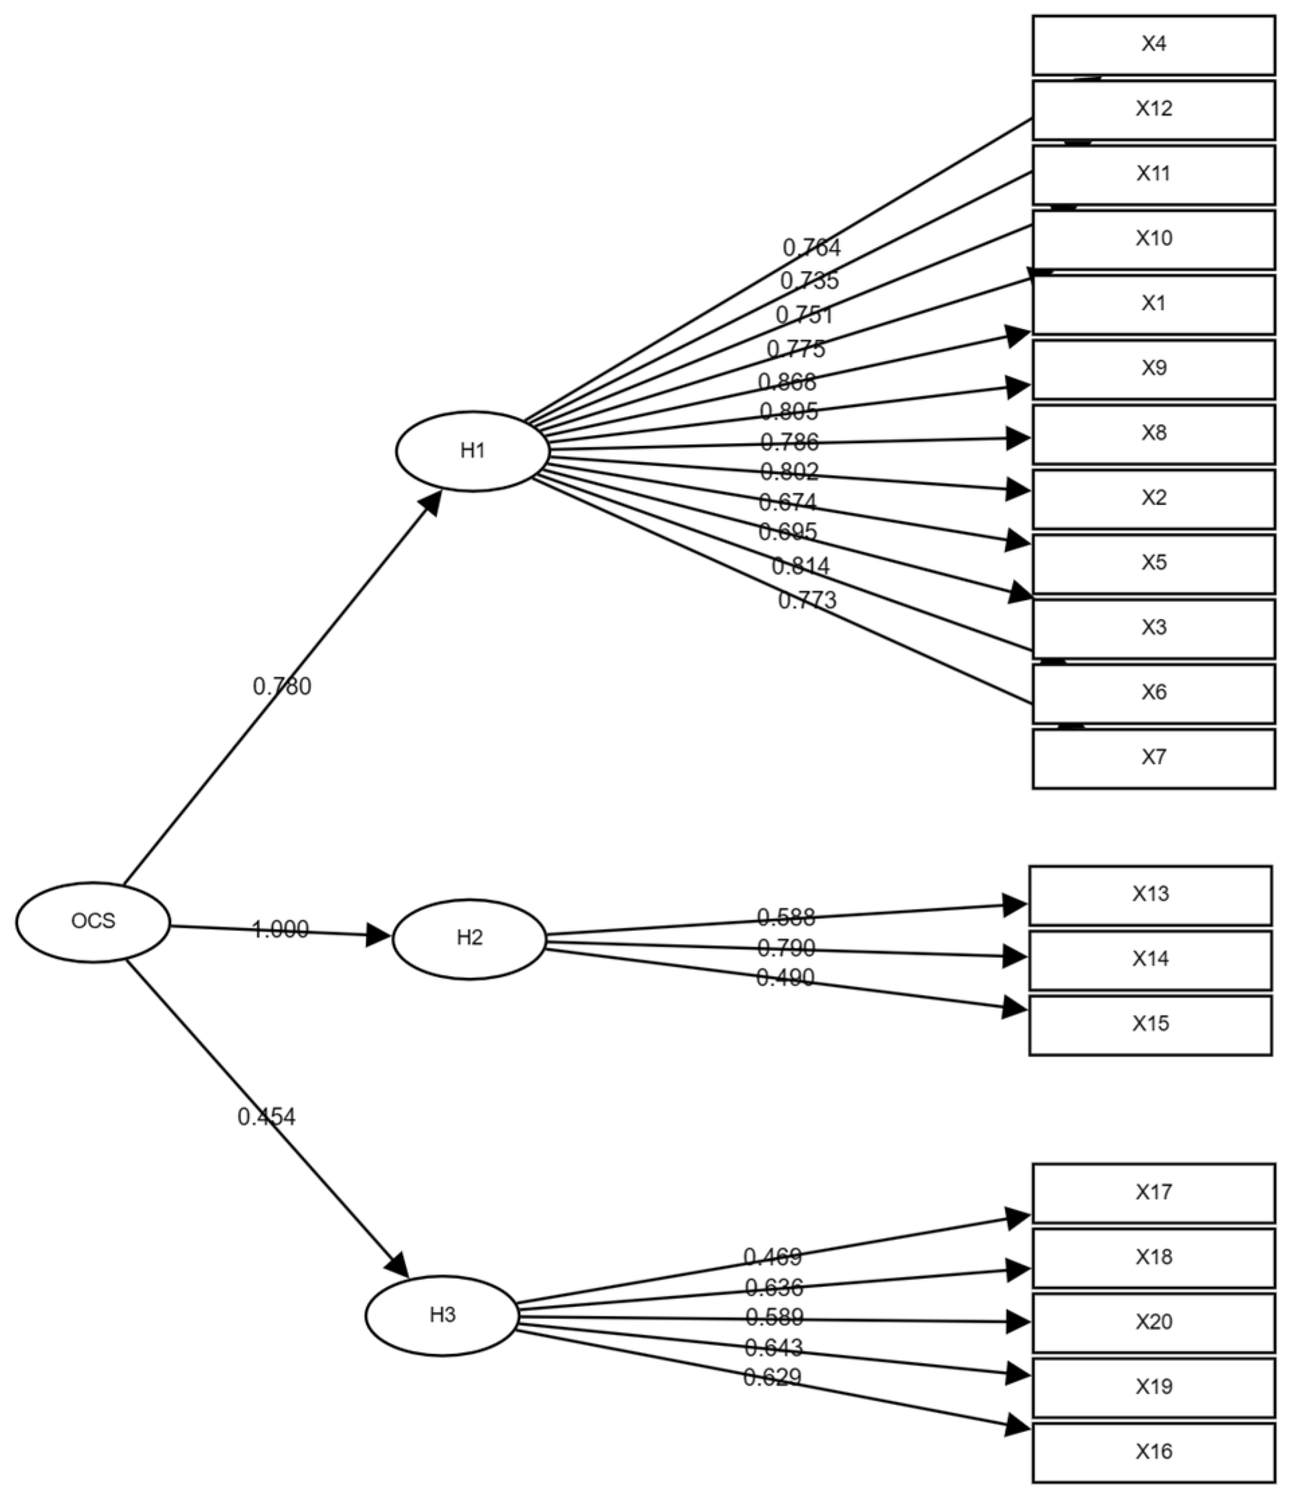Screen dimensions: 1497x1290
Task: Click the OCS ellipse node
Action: pyautogui.click(x=93, y=921)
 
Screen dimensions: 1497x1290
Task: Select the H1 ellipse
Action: pyautogui.click(x=473, y=451)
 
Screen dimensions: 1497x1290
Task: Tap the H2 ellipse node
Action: pyautogui.click(x=469, y=938)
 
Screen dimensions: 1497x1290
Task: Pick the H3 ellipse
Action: pyautogui.click(x=442, y=1315)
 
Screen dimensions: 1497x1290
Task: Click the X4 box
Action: pyautogui.click(x=1153, y=45)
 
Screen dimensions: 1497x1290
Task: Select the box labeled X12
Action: pyautogui.click(x=1153, y=110)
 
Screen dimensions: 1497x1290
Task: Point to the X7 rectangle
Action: pyautogui.click(x=1153, y=758)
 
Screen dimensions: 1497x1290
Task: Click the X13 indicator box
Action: pyautogui.click(x=1150, y=894)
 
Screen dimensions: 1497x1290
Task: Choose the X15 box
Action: pyautogui.click(x=1150, y=1024)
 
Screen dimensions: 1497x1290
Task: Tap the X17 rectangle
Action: pyautogui.click(x=1153, y=1192)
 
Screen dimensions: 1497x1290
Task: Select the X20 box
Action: pyautogui.click(x=1153, y=1322)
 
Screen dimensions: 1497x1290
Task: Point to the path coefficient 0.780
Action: pyautogui.click(x=282, y=686)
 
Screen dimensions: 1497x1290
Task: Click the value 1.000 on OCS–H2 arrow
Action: pyautogui.click(x=281, y=929)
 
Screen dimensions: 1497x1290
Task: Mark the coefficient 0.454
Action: pyautogui.click(x=266, y=1117)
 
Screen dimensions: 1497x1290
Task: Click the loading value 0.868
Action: pyautogui.click(x=787, y=381)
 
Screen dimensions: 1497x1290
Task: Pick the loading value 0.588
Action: pyautogui.click(x=786, y=918)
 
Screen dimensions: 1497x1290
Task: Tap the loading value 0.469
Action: pyautogui.click(x=772, y=1257)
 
